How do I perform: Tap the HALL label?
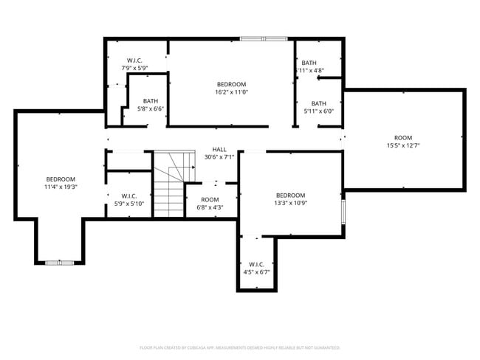click(219, 149)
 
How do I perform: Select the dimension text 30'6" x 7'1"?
click(219, 157)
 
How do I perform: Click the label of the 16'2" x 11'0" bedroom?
click(231, 84)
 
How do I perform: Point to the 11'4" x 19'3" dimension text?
click(61, 187)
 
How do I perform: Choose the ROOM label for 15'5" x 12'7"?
click(403, 138)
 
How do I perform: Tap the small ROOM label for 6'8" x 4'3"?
click(210, 199)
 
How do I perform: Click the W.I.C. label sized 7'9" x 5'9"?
click(134, 60)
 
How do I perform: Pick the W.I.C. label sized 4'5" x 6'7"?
click(257, 264)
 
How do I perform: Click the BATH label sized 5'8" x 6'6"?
click(151, 101)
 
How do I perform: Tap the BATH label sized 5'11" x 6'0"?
click(319, 103)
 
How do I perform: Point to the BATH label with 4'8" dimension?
click(309, 63)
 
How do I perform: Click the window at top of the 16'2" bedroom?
click(264, 38)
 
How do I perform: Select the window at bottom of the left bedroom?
click(58, 263)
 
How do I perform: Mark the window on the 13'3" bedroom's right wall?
click(343, 211)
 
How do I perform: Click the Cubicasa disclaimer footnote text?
click(240, 347)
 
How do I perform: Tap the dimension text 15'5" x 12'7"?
click(403, 146)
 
